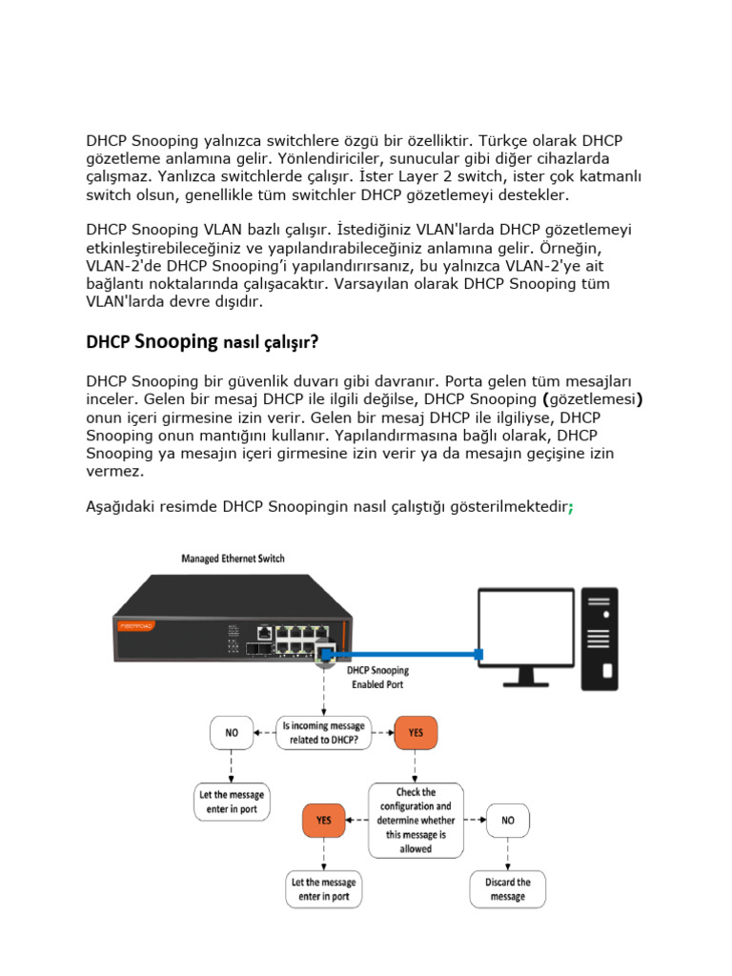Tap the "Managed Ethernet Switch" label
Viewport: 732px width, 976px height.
coord(233,559)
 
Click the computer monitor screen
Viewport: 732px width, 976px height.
coord(526,635)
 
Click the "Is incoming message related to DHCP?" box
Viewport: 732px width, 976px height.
coord(323,733)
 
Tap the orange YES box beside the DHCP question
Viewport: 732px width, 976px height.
coord(417,733)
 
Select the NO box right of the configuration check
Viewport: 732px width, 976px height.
coord(507,819)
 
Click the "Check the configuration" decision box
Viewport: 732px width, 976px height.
coord(416,819)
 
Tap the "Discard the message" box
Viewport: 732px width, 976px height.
coord(507,889)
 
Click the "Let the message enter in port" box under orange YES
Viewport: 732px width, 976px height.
coord(323,889)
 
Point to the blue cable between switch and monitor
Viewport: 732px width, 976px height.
coord(410,654)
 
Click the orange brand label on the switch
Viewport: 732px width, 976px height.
coord(133,626)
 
